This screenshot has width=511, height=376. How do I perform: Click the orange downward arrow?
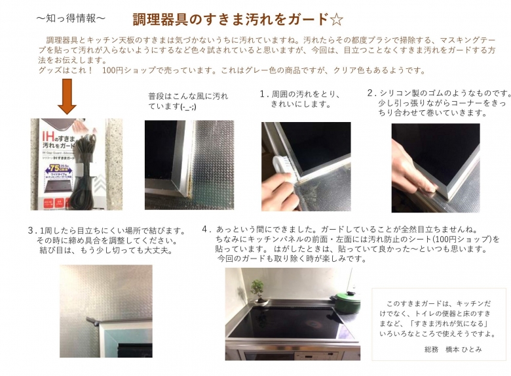pos(67,96)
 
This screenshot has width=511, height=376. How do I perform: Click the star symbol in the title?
pos(336,20)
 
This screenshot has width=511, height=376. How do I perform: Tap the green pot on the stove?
pos(347,301)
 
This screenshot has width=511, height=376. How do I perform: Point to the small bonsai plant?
pos(257,291)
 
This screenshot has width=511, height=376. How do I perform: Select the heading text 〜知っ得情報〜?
pos(71,18)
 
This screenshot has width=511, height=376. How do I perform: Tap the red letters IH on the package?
pos(48,136)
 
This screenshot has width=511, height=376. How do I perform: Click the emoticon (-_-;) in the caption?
pos(188,107)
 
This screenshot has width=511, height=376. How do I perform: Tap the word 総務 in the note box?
pos(432,349)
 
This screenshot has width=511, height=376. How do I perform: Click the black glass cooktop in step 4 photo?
pos(290,322)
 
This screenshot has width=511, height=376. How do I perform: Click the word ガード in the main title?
pos(308,20)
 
